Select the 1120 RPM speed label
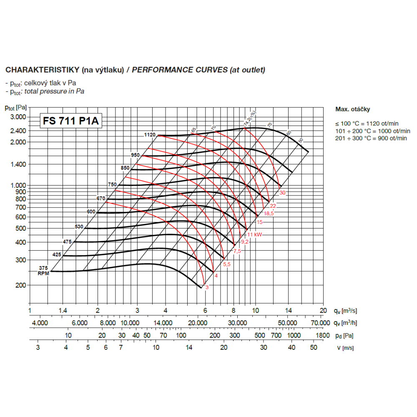pyautogui.click(x=150, y=135)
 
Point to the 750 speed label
pyautogui.click(x=112, y=184)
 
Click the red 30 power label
pyautogui.click(x=283, y=193)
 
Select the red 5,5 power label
pyautogui.click(x=227, y=264)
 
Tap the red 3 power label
pyautogui.click(x=207, y=287)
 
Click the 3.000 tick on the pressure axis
pyautogui.click(x=18, y=117)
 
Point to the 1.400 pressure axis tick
pyautogui.click(x=18, y=164)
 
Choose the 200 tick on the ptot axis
pyautogui.click(x=21, y=285)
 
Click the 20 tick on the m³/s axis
pyautogui.click(x=323, y=311)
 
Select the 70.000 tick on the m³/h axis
pyautogui.click(x=320, y=323)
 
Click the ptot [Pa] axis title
pyautogui.click(x=16, y=108)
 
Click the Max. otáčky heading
pyautogui.click(x=352, y=109)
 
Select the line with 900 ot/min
pyautogui.click(x=371, y=138)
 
